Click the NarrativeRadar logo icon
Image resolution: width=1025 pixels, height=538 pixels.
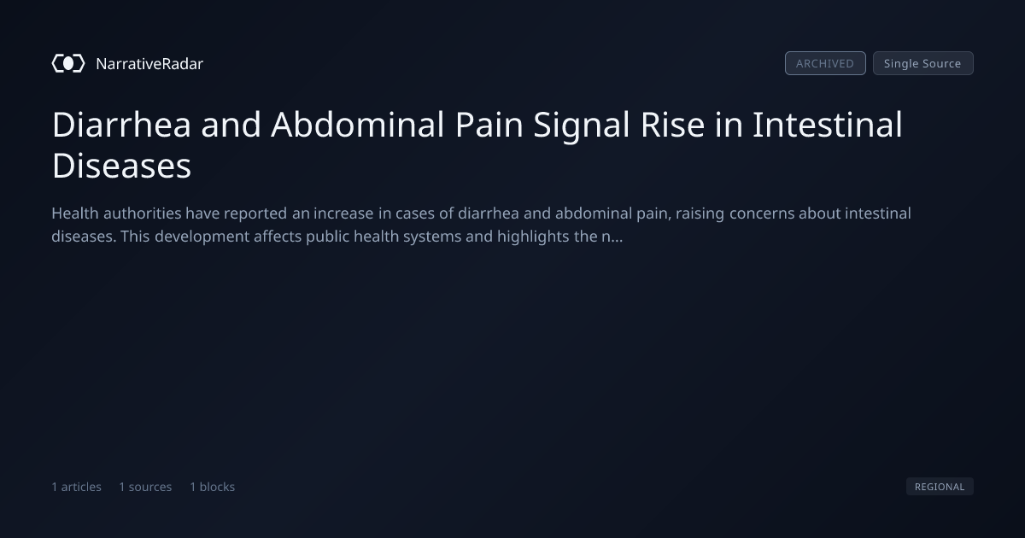tap(68, 63)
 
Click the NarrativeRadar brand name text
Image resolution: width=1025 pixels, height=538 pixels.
tap(149, 63)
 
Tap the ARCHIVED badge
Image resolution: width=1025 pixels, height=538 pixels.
tap(825, 63)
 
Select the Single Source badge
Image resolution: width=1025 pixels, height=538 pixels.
tap(923, 63)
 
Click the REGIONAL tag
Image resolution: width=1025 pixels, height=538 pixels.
tap(940, 486)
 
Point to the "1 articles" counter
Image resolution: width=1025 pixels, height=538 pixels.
tap(76, 487)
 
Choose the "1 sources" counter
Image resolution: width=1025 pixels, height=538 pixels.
tap(145, 487)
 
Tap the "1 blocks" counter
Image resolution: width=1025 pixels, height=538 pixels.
tap(213, 487)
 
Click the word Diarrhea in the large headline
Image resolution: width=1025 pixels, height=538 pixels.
tap(121, 125)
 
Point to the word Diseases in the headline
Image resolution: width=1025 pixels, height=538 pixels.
tap(121, 166)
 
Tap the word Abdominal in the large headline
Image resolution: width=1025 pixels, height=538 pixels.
tap(357, 125)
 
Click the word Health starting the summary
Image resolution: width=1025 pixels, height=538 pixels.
tap(75, 213)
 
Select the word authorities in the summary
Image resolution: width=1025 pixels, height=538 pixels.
tap(143, 213)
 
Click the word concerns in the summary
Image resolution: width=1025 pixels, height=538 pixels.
tap(762, 214)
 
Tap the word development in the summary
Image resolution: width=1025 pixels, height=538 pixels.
tap(202, 237)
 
